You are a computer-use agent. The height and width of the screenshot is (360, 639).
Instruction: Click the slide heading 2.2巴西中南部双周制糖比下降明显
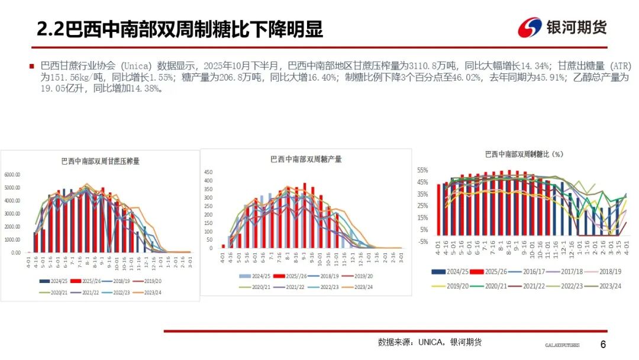click(x=180, y=29)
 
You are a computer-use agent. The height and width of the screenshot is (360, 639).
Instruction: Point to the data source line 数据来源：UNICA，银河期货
click(x=430, y=342)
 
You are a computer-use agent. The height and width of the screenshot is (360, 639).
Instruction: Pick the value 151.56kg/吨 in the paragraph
click(x=83, y=77)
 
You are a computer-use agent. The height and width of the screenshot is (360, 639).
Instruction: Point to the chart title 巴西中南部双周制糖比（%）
click(x=524, y=154)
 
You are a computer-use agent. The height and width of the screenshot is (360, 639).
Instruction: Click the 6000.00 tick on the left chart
click(x=13, y=175)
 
